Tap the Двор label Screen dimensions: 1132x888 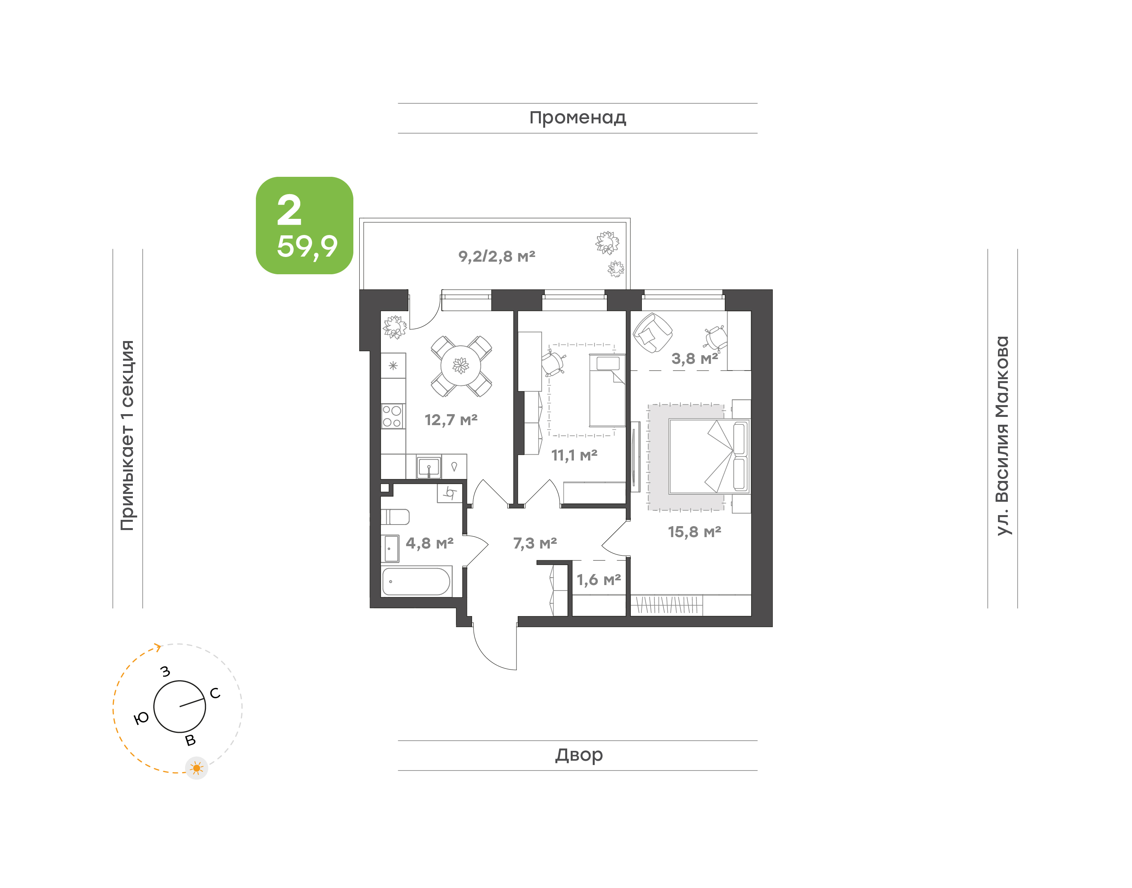(x=579, y=755)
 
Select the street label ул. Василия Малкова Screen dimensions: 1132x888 (x=1002, y=436)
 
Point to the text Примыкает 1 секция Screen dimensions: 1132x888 (x=127, y=436)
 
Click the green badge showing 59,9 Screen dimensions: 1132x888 (x=305, y=226)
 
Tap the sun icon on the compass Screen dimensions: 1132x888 (x=197, y=768)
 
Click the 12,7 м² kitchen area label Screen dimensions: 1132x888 (x=451, y=420)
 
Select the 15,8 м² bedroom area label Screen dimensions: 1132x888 (x=694, y=532)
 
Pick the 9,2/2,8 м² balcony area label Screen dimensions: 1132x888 (x=496, y=256)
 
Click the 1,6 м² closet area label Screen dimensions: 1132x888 (x=599, y=580)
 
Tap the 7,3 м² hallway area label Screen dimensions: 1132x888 (x=535, y=543)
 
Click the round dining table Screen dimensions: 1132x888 (x=461, y=366)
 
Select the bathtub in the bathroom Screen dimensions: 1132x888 (x=416, y=581)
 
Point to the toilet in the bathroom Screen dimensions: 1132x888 (x=395, y=517)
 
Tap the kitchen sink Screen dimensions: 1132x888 (x=429, y=467)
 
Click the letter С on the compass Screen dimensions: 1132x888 (x=215, y=693)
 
